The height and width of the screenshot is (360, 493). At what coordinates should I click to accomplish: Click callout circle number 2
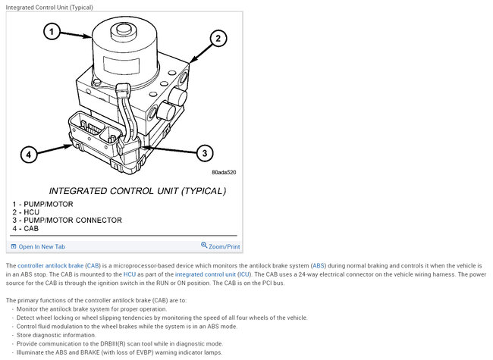217,37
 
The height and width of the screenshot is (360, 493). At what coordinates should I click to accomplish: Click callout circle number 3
205,153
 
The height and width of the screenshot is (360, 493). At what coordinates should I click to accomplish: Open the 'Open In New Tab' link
42,246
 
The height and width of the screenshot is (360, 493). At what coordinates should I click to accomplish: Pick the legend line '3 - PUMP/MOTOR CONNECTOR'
67,220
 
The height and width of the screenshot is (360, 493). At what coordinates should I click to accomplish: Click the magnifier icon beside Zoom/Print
204,246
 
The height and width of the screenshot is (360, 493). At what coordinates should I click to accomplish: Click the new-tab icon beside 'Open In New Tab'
14,246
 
